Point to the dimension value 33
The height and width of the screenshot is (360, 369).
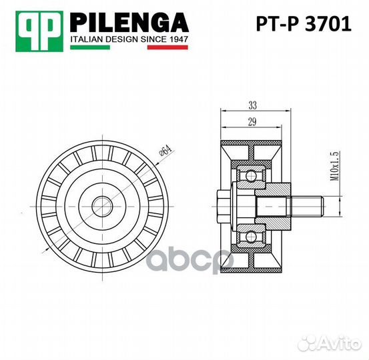click(253, 105)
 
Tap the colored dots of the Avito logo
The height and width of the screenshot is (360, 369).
click(308, 341)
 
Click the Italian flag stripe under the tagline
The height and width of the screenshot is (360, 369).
click(130, 49)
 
